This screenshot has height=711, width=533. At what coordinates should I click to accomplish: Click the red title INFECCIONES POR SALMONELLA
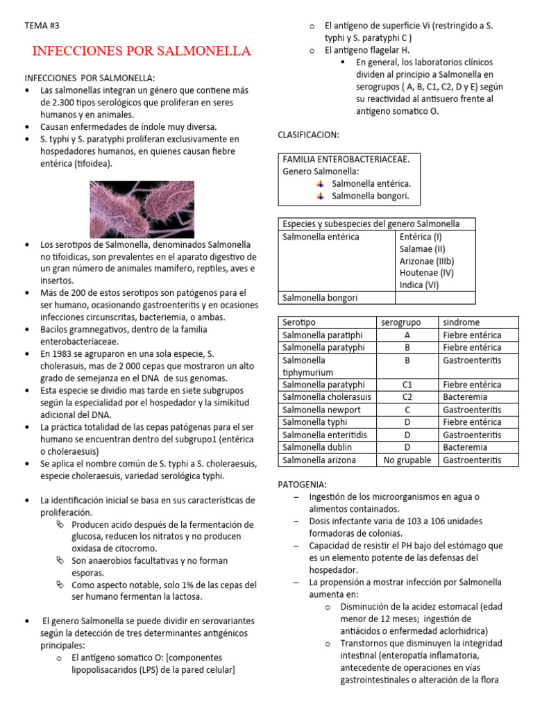pyautogui.click(x=142, y=51)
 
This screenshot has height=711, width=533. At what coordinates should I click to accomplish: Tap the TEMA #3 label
pyautogui.click(x=42, y=26)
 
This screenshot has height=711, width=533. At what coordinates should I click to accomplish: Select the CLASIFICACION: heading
pyautogui.click(x=308, y=134)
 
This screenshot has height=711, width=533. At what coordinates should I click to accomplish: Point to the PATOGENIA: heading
pyautogui.click(x=302, y=484)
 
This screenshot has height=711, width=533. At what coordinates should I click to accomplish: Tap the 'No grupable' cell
pyautogui.click(x=407, y=460)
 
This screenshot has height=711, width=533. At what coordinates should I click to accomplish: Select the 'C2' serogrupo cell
pyautogui.click(x=407, y=397)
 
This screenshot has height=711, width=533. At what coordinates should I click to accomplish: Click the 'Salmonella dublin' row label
pyautogui.click(x=316, y=447)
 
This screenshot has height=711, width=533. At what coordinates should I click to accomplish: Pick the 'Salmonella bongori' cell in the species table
pyautogui.click(x=321, y=298)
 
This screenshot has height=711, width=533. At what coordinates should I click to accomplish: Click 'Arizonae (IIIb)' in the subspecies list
pyautogui.click(x=426, y=260)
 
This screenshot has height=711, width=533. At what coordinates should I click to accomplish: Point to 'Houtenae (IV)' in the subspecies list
pyautogui.click(x=426, y=273)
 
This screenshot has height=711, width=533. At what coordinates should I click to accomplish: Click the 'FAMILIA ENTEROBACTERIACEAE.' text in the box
pyautogui.click(x=346, y=159)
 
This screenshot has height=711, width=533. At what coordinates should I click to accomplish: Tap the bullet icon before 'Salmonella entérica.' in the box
pyautogui.click(x=320, y=184)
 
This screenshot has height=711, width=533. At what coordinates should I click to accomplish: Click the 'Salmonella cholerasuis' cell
pyautogui.click(x=326, y=397)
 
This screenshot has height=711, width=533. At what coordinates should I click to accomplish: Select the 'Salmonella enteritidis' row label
pyautogui.click(x=323, y=435)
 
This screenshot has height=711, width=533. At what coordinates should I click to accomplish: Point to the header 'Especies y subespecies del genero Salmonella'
pyautogui.click(x=371, y=224)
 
